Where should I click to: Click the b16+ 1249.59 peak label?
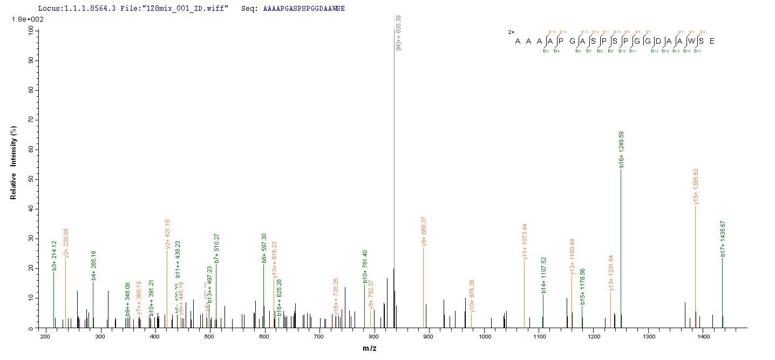622,149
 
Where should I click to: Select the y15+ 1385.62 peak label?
696,186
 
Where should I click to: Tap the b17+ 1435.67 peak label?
723,238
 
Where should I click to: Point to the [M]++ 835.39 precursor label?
398,33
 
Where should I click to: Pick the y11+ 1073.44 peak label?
525,241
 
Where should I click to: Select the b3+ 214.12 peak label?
54,255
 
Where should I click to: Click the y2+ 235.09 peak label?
66,243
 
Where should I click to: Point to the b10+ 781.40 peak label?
365,266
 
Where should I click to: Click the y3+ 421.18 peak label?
168,234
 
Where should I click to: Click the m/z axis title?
370,348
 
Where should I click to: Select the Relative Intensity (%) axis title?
13,162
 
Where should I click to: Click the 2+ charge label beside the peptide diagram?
511,32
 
